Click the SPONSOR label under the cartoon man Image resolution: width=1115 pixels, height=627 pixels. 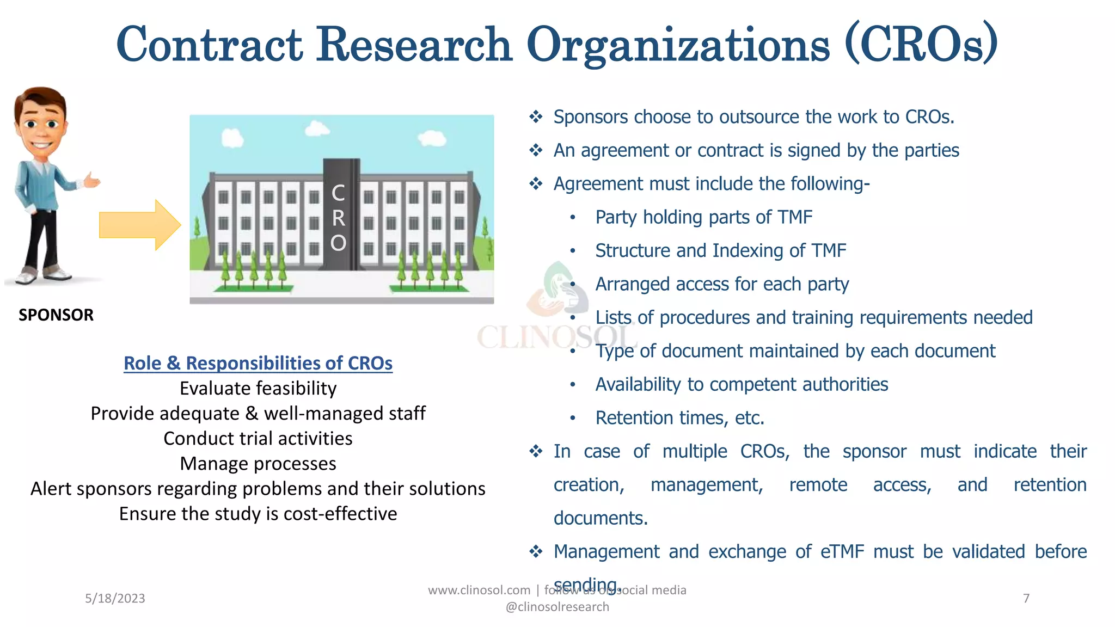coord(56,315)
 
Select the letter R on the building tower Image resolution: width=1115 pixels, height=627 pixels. coord(338,218)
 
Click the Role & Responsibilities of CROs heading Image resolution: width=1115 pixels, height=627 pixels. coord(258,363)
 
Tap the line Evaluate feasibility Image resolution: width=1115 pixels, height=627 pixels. coord(258,389)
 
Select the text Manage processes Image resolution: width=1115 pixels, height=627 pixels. coord(258,464)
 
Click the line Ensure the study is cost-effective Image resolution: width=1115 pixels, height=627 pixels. coord(258,514)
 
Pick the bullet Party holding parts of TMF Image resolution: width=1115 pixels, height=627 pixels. coord(703,217)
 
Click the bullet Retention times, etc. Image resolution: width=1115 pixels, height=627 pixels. coord(679,418)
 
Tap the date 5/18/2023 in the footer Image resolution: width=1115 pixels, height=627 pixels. coord(115,599)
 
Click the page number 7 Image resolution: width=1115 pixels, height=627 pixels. coord(1026,599)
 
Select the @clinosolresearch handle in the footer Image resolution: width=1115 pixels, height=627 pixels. coord(557,607)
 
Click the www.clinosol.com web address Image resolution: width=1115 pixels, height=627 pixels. coord(479,591)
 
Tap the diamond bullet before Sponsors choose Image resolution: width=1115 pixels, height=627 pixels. coord(536,117)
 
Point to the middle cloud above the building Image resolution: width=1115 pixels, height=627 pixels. coord(317,130)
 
